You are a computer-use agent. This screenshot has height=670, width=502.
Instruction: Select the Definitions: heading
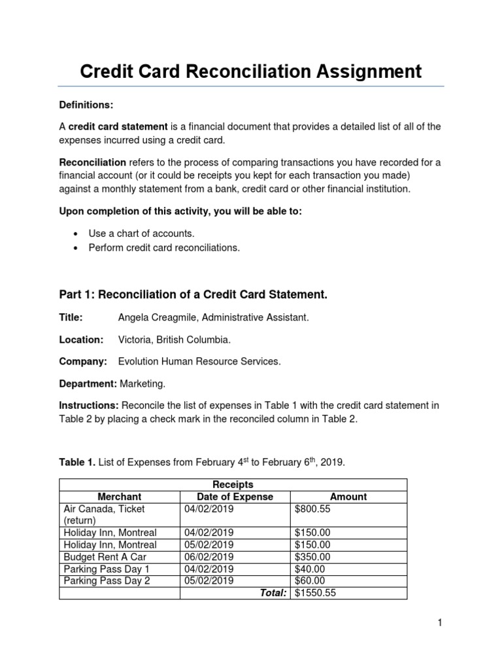pos(86,105)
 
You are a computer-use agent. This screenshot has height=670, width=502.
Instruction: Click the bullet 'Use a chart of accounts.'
pos(142,233)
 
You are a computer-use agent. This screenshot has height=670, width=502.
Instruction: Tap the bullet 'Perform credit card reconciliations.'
pos(164,248)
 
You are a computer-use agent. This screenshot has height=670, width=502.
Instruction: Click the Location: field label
pos(82,340)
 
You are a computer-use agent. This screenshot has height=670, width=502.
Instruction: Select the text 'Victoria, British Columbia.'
pos(175,340)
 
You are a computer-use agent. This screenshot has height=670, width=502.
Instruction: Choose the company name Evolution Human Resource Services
pos(199,361)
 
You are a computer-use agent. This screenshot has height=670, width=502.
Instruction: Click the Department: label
pos(88,383)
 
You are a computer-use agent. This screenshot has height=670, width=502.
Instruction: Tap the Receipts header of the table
pos(233,485)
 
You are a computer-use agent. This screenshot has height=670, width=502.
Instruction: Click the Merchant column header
pos(120,497)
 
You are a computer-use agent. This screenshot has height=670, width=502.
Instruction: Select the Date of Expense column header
pos(235,497)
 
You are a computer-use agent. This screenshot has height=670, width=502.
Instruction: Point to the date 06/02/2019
pos(209,557)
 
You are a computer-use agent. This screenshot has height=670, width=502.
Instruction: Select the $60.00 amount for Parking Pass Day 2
pos(310,581)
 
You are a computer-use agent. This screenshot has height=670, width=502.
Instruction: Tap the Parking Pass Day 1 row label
pos(107,569)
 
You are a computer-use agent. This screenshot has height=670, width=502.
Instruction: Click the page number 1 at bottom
pos(441,624)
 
